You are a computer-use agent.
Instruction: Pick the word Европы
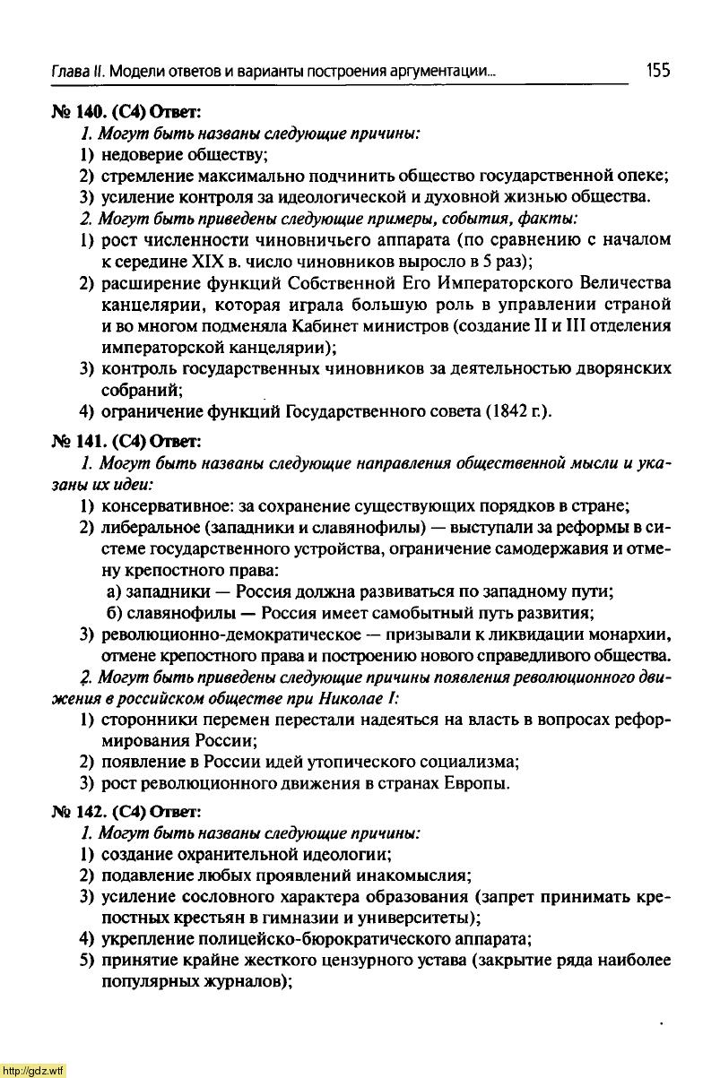(477, 784)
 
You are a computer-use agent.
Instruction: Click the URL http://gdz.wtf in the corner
(33, 1070)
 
